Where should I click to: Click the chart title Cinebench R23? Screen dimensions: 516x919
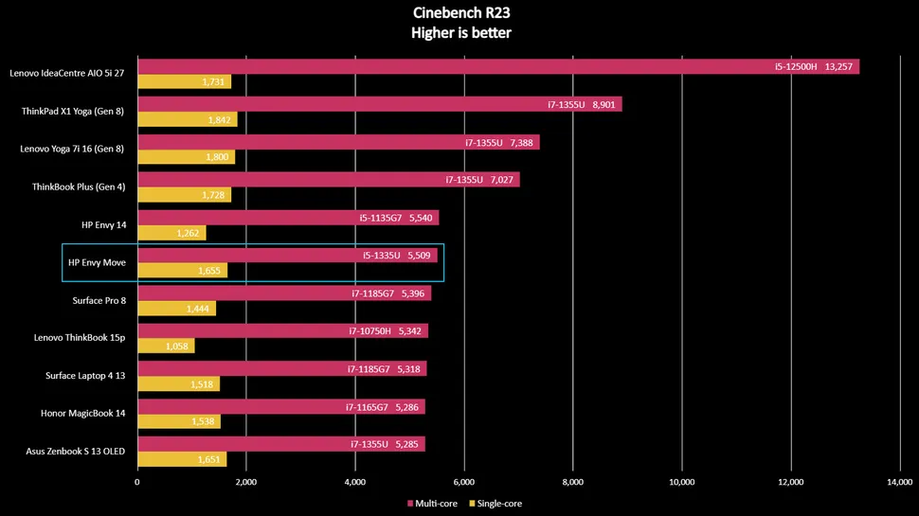click(x=459, y=13)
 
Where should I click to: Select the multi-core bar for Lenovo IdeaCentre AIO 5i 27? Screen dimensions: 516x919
click(x=497, y=66)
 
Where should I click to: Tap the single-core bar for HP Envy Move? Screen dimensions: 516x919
click(x=183, y=271)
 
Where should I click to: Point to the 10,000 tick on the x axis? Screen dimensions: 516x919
click(x=680, y=482)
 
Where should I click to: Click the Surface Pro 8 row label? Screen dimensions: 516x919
click(x=99, y=300)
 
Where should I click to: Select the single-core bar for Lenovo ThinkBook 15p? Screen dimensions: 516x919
click(x=166, y=347)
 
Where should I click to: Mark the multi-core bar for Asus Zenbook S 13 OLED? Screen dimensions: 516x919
click(x=280, y=444)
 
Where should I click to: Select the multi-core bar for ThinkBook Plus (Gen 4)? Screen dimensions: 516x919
click(x=328, y=180)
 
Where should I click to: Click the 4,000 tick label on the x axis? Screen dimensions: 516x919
click(x=354, y=482)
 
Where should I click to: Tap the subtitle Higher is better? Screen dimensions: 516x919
click(x=459, y=33)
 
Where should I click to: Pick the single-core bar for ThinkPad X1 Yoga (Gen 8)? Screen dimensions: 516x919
click(x=187, y=120)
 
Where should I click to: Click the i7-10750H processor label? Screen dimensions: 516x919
click(x=372, y=331)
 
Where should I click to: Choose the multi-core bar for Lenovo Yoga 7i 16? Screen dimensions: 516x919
click(x=338, y=142)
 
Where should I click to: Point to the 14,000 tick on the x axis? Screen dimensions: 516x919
click(x=899, y=482)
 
